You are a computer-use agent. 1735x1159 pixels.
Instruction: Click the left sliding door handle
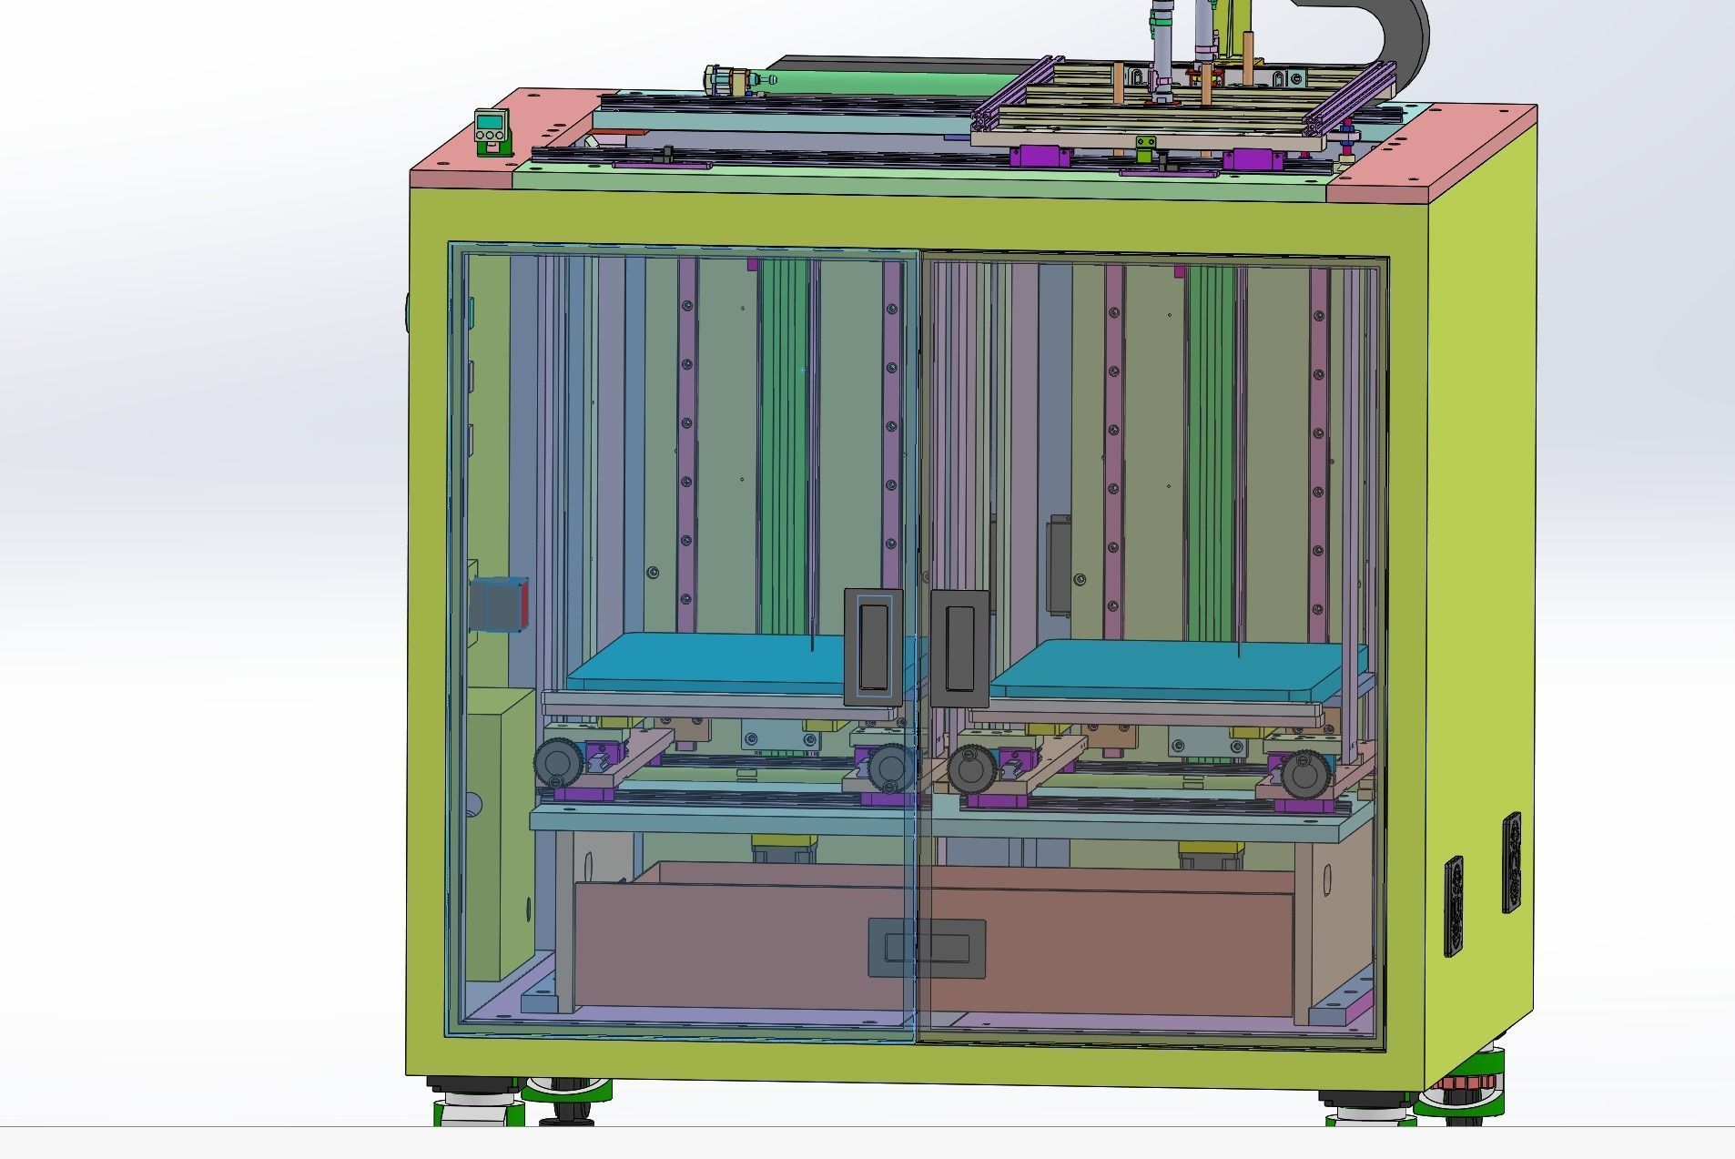coord(873,646)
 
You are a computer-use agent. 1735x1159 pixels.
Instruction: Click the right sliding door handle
coord(959,646)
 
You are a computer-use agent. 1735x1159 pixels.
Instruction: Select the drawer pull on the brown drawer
coord(927,948)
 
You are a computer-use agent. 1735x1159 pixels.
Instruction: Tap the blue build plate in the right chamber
coord(1174,669)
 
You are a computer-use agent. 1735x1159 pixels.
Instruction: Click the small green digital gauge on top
coord(490,129)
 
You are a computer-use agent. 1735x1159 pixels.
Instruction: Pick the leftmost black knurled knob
coord(554,762)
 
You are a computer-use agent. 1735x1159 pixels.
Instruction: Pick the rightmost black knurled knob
coord(1306,772)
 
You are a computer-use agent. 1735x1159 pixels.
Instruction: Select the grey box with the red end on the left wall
coord(499,604)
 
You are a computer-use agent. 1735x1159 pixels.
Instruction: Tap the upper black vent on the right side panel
coord(1511,861)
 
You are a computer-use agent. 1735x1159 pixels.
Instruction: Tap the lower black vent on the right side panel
coord(1454,905)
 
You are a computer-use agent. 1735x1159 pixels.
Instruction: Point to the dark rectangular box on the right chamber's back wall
coord(1059,564)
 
